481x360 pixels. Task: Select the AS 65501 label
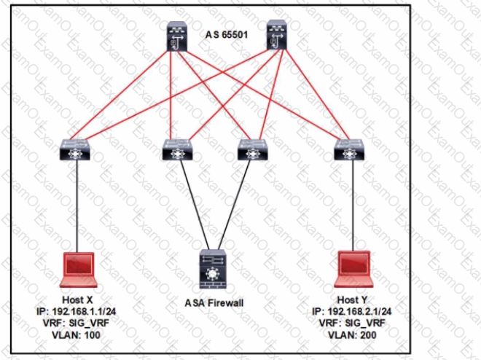[228, 34]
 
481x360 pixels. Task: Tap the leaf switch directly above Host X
[76, 151]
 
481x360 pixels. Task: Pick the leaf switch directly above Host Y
[348, 150]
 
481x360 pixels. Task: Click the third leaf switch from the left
[251, 150]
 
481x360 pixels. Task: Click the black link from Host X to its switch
[77, 208]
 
